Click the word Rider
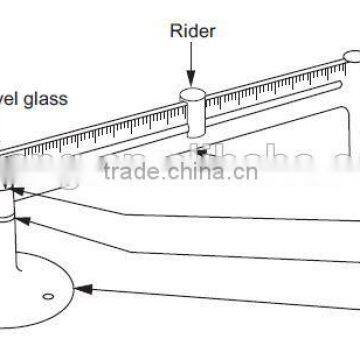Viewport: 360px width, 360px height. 193,31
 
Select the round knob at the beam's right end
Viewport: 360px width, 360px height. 352,59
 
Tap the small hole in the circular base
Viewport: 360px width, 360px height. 46,296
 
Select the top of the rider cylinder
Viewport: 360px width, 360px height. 193,95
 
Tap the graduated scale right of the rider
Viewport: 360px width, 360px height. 270,89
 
